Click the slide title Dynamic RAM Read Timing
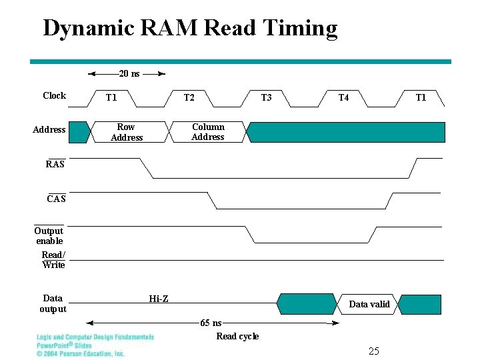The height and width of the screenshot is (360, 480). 190,28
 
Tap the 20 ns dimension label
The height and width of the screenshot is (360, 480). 129,73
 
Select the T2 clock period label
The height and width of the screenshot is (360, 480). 189,98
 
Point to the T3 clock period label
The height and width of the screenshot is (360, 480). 266,98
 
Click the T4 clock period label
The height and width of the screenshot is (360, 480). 343,98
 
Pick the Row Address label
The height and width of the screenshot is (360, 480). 126,132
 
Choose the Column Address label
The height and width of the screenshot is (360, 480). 208,132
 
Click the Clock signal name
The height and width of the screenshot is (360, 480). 54,96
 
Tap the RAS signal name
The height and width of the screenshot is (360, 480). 55,164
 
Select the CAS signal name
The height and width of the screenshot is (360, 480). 56,199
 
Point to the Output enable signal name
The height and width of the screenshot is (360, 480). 49,235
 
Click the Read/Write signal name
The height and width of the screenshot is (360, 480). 53,260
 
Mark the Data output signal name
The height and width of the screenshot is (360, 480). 53,303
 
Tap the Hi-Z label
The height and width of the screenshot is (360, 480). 159,299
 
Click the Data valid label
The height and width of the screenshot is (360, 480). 369,305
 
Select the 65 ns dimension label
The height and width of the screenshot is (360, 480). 211,323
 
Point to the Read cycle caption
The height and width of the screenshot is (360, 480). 237,336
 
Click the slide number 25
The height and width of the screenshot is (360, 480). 373,351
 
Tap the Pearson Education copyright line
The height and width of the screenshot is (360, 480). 80,354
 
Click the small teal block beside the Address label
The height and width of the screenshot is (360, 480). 79,132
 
